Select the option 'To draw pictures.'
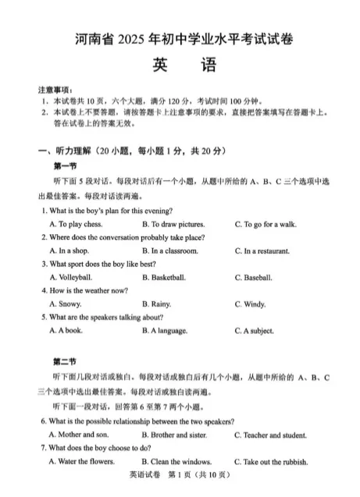[173, 225]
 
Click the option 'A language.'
[166, 331]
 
